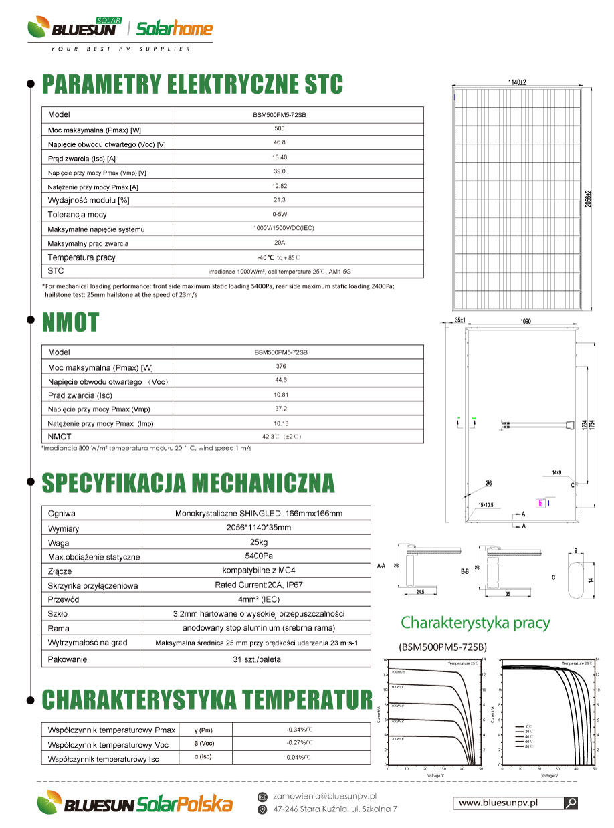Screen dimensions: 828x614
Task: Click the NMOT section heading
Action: [x=71, y=322]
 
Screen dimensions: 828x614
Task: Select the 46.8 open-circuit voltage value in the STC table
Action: [x=280, y=142]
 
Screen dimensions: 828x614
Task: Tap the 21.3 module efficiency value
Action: [x=280, y=200]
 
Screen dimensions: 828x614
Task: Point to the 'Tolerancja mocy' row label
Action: [x=77, y=215]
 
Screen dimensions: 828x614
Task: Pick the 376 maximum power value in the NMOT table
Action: [x=281, y=366]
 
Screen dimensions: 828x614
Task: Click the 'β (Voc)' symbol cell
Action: [x=204, y=743]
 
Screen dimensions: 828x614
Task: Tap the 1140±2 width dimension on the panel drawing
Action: [x=516, y=82]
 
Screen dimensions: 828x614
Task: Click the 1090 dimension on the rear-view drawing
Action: [x=525, y=322]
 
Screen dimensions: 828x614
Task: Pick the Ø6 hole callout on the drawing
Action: [x=489, y=483]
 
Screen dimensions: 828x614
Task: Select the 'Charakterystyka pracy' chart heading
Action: [x=475, y=623]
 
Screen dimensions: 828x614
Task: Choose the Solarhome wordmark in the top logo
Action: [x=174, y=29]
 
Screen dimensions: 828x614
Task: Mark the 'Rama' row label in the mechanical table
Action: [x=59, y=628]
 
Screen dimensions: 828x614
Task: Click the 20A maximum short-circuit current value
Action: [x=280, y=243]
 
